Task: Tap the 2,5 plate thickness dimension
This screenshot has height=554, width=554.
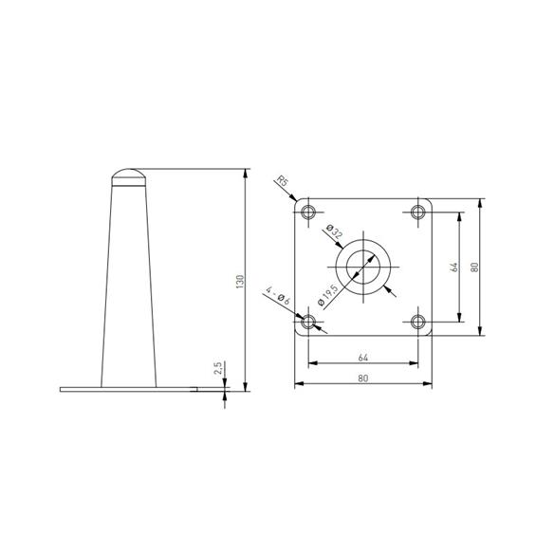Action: pos(217,369)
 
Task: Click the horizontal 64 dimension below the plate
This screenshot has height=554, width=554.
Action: pos(362,357)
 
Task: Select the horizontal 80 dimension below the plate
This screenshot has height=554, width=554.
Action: pos(362,378)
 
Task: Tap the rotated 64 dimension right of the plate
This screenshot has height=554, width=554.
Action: pos(454,267)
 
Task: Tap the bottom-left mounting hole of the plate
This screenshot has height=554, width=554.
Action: pos(307,323)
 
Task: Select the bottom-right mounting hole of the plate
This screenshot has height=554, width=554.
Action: pos(418,323)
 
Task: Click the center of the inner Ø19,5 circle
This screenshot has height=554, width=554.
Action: pos(363,267)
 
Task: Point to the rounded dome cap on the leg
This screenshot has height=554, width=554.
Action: pos(128,176)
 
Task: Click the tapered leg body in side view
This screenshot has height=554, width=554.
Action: pos(128,285)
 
